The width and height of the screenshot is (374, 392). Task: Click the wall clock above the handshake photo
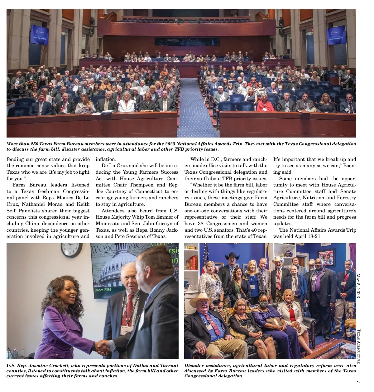[x=72, y=249]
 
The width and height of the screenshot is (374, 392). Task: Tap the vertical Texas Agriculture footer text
[x=358, y=346]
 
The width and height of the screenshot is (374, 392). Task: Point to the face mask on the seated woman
[x=263, y=304]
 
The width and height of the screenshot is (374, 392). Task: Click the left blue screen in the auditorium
[x=39, y=34]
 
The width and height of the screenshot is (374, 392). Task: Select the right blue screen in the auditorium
[x=336, y=35]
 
